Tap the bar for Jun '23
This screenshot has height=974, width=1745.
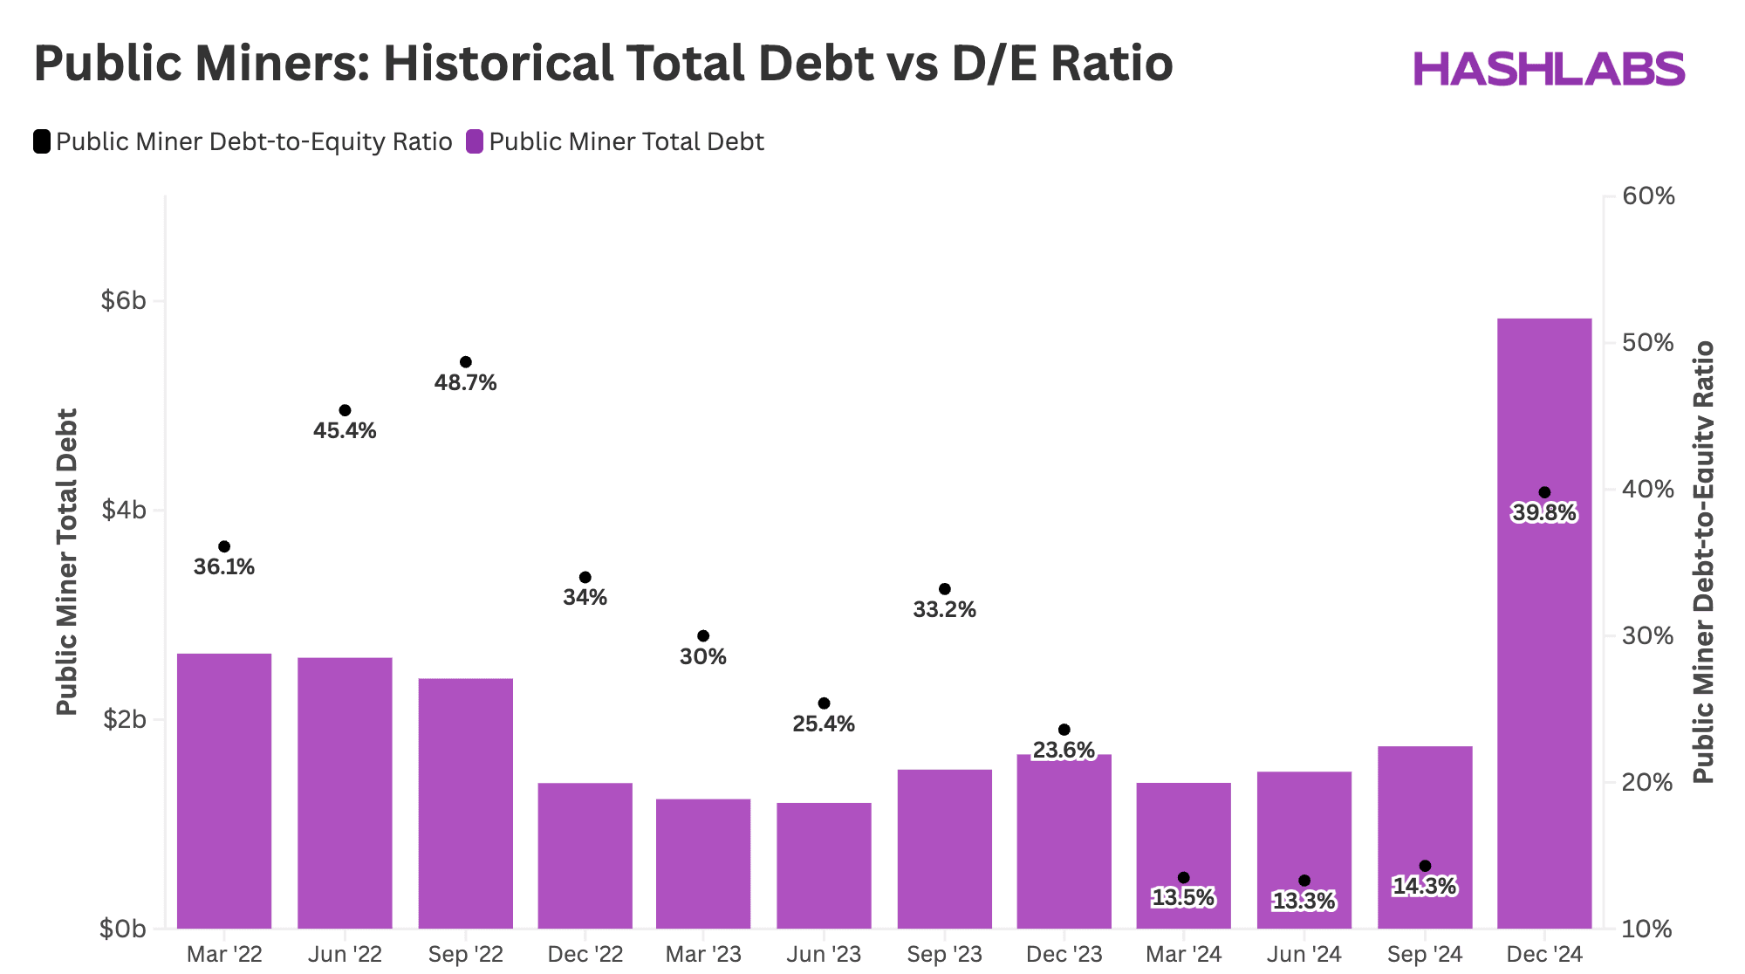click(824, 865)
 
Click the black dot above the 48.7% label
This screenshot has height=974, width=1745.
click(465, 362)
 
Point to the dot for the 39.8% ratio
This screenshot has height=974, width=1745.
click(1544, 492)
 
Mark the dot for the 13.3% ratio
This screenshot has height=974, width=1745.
click(1304, 881)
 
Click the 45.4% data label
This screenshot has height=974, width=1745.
click(345, 430)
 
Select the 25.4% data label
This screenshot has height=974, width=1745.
click(824, 724)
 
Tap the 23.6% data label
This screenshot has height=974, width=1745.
click(1064, 750)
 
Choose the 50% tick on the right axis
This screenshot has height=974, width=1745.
click(1648, 342)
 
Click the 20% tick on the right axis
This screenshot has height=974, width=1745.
click(1648, 782)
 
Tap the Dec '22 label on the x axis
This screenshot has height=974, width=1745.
click(585, 954)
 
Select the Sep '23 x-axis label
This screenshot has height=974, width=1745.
click(944, 954)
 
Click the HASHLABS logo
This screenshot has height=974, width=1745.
click(1549, 69)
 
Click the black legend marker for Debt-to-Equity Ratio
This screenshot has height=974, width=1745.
click(42, 141)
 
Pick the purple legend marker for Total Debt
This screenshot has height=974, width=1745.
click(475, 141)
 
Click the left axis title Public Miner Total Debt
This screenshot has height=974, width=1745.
click(67, 562)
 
